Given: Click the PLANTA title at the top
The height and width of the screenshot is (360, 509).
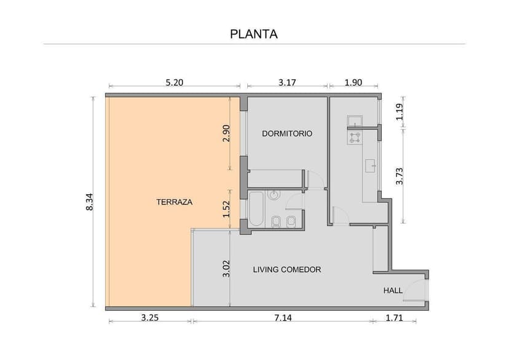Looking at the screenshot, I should click(x=254, y=34).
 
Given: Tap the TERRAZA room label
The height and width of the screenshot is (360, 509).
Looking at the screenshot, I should click(x=175, y=202).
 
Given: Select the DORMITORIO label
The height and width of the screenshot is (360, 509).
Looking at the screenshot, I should click(x=287, y=133).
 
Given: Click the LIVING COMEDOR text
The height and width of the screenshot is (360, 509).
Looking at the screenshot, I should click(x=287, y=269).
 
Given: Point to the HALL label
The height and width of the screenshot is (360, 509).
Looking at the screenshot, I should click(x=393, y=291).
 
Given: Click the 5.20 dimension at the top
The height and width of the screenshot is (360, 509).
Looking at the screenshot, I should click(x=175, y=81).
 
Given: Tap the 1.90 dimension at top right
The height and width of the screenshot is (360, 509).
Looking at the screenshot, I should click(x=353, y=81).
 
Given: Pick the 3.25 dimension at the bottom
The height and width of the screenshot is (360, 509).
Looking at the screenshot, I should click(x=151, y=317).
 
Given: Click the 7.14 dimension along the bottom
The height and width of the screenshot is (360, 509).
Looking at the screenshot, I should click(x=282, y=317).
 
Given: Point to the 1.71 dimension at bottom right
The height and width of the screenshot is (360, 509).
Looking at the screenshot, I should click(x=394, y=317).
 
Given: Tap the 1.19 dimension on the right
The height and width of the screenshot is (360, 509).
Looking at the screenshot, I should click(x=400, y=112).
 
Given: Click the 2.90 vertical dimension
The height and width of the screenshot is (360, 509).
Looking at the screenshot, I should click(x=226, y=133).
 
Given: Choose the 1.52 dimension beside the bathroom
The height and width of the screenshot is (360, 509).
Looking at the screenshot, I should click(x=226, y=209).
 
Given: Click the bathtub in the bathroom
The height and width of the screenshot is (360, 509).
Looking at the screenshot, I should click(x=256, y=209).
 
